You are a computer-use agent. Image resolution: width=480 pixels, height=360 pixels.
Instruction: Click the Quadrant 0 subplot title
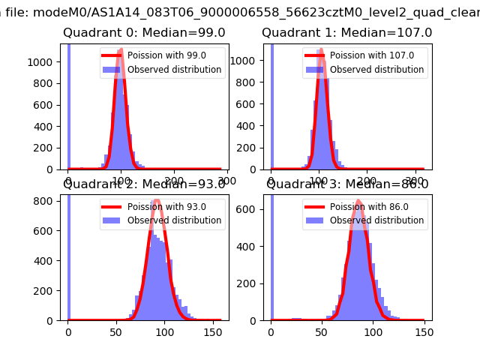(x=144, y=33)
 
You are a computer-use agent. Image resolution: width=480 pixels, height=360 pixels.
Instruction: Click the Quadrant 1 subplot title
(x=346, y=33)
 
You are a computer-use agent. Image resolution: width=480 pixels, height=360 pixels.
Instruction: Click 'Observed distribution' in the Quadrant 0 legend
(x=174, y=70)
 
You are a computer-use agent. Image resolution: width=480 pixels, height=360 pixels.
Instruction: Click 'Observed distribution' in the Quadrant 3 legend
(x=376, y=220)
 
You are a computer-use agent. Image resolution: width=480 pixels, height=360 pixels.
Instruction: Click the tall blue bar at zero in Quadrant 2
(x=68, y=255)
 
